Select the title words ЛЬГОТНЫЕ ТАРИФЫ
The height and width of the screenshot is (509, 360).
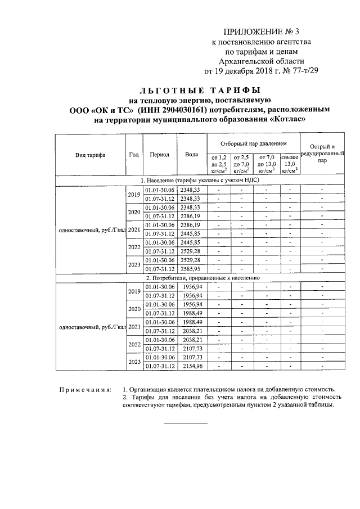click(200, 90)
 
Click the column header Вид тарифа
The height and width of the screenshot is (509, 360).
click(91, 155)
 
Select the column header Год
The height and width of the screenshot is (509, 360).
click(133, 155)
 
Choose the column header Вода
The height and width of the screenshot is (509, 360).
click(191, 155)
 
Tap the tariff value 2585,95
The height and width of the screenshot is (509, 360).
click(190, 269)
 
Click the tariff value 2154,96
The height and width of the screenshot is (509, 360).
click(191, 366)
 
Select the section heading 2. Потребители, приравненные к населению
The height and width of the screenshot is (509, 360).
click(202, 278)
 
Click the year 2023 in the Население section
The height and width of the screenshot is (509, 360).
click(134, 265)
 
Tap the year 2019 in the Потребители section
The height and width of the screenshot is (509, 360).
click(134, 291)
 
